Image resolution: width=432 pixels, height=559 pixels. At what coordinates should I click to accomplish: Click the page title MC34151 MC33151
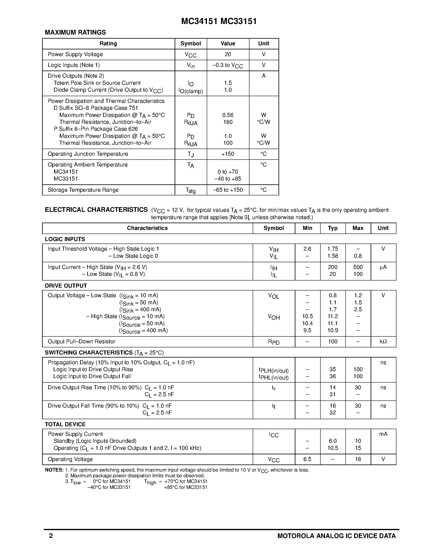click(219, 21)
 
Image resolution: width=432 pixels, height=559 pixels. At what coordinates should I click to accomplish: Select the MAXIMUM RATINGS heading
click(75, 33)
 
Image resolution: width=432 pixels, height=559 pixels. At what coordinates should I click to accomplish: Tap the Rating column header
click(108, 44)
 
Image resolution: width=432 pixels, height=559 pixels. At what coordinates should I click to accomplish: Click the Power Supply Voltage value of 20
click(228, 54)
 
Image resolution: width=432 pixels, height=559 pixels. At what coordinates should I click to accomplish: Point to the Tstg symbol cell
click(191, 190)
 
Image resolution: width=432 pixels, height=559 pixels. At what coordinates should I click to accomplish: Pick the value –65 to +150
click(228, 190)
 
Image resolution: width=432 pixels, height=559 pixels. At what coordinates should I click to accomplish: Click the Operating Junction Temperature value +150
click(228, 154)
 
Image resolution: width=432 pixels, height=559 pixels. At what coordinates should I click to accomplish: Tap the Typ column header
click(332, 228)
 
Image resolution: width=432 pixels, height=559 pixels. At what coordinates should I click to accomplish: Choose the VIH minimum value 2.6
click(307, 249)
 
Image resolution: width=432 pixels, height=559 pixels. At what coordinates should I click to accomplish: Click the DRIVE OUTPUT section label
click(66, 286)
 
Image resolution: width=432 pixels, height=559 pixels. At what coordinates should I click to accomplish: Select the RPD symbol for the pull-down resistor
click(274, 342)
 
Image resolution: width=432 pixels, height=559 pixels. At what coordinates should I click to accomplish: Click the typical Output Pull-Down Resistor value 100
click(332, 341)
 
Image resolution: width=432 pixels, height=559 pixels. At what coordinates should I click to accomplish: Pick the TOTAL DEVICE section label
click(65, 424)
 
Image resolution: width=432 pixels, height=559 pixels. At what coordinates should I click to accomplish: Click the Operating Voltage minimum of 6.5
click(307, 459)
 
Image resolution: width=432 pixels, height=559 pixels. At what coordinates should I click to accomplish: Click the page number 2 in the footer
click(51, 536)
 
